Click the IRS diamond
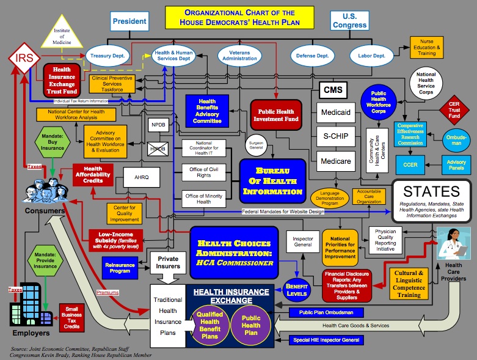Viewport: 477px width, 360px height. [24, 59]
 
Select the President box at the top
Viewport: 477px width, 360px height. [130, 21]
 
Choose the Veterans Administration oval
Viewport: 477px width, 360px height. [239, 55]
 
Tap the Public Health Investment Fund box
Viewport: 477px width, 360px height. [276, 115]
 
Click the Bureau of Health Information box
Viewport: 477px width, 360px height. [271, 177]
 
